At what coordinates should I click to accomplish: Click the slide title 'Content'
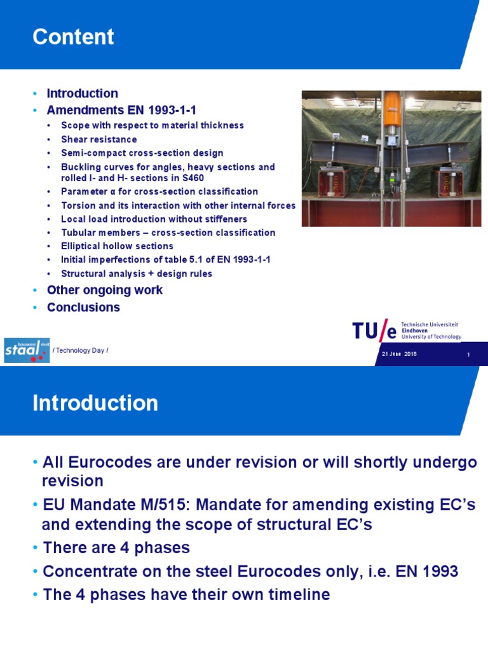coord(73,36)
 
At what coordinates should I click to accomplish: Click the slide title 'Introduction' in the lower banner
coord(95,402)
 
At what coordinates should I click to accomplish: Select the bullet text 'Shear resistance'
coord(98,139)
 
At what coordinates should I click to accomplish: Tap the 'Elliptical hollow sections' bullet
coord(117,246)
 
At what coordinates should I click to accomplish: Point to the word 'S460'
coord(193,178)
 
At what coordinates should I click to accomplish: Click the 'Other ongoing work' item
coord(105,290)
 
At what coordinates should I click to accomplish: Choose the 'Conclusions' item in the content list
coord(83,307)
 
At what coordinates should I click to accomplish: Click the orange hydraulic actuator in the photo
coord(392,109)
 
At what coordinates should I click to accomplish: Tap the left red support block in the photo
coord(333,181)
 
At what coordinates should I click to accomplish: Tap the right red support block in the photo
coord(447,181)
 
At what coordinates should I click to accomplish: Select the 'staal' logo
coord(27,350)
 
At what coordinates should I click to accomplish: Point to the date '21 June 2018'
coord(399,354)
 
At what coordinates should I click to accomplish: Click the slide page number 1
coord(468,355)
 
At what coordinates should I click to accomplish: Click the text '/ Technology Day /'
coord(81,350)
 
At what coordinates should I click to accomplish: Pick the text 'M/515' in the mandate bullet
coord(165,505)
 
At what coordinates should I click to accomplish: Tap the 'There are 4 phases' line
coord(116,548)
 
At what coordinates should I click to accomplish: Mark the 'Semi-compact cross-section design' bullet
coord(142,153)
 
